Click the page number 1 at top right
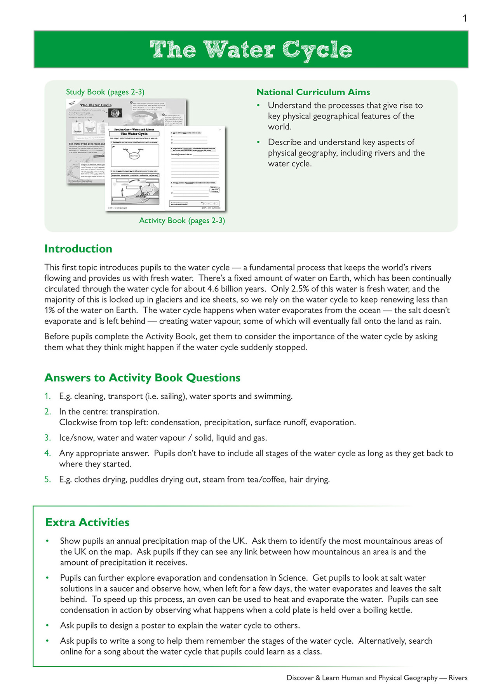pyautogui.click(x=465, y=18)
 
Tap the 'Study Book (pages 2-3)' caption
pyautogui.click(x=105, y=92)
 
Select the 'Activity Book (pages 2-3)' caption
pyautogui.click(x=182, y=220)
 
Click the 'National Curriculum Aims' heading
pyautogui.click(x=313, y=92)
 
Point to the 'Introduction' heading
pyautogui.click(x=78, y=249)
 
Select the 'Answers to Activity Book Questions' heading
pyautogui.click(x=142, y=378)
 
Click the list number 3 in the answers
pyautogui.click(x=47, y=438)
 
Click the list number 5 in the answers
pyautogui.click(x=47, y=479)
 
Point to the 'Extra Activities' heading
pyautogui.click(x=87, y=522)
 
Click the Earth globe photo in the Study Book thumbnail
pyautogui.click(x=115, y=113)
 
